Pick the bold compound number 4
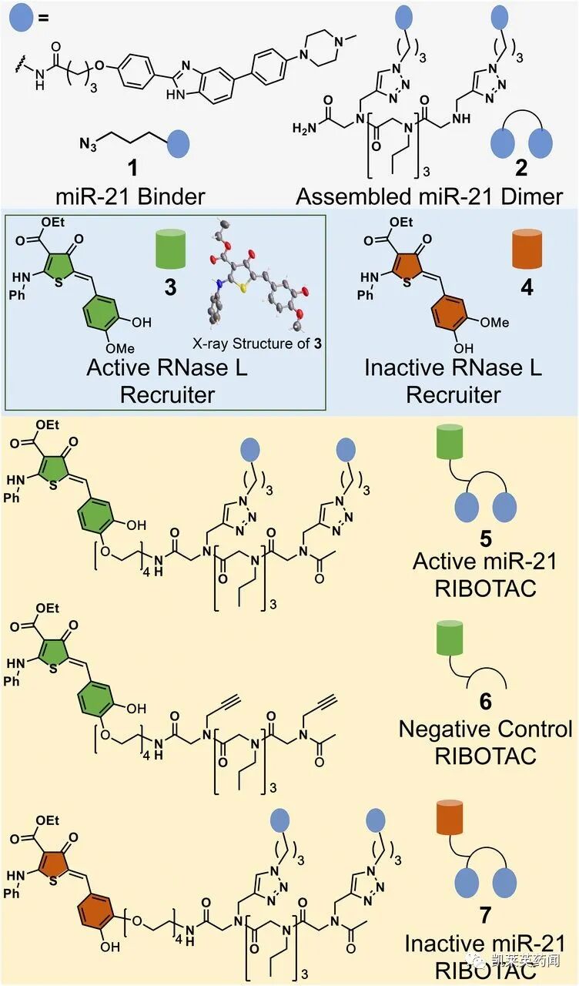coord(527,289)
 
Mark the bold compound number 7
coord(485,917)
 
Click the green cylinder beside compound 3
coord(171,251)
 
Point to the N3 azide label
coord(89,143)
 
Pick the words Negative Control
coord(485,729)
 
